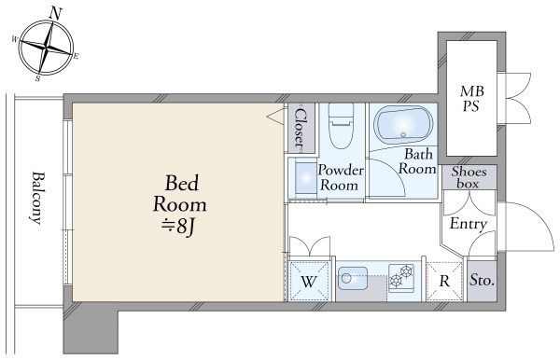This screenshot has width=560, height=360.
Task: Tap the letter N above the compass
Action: pos(55,14)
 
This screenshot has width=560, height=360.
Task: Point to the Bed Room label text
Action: pos(180,194)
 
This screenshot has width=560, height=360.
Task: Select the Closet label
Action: pos(301,129)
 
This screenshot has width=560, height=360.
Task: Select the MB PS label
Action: pos(471,98)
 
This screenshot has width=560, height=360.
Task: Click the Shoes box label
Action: pos(469,177)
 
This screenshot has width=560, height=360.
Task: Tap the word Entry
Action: pos(469,224)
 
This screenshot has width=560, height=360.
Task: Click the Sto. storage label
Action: pos(482,281)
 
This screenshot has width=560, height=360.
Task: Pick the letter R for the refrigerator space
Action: pos(444,282)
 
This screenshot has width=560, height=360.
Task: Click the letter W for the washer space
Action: pos(308,282)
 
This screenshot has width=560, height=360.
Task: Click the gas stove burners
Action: pos(401,276)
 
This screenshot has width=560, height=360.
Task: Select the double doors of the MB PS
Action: pos(517,98)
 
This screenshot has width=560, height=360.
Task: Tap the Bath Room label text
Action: pos(417,161)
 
